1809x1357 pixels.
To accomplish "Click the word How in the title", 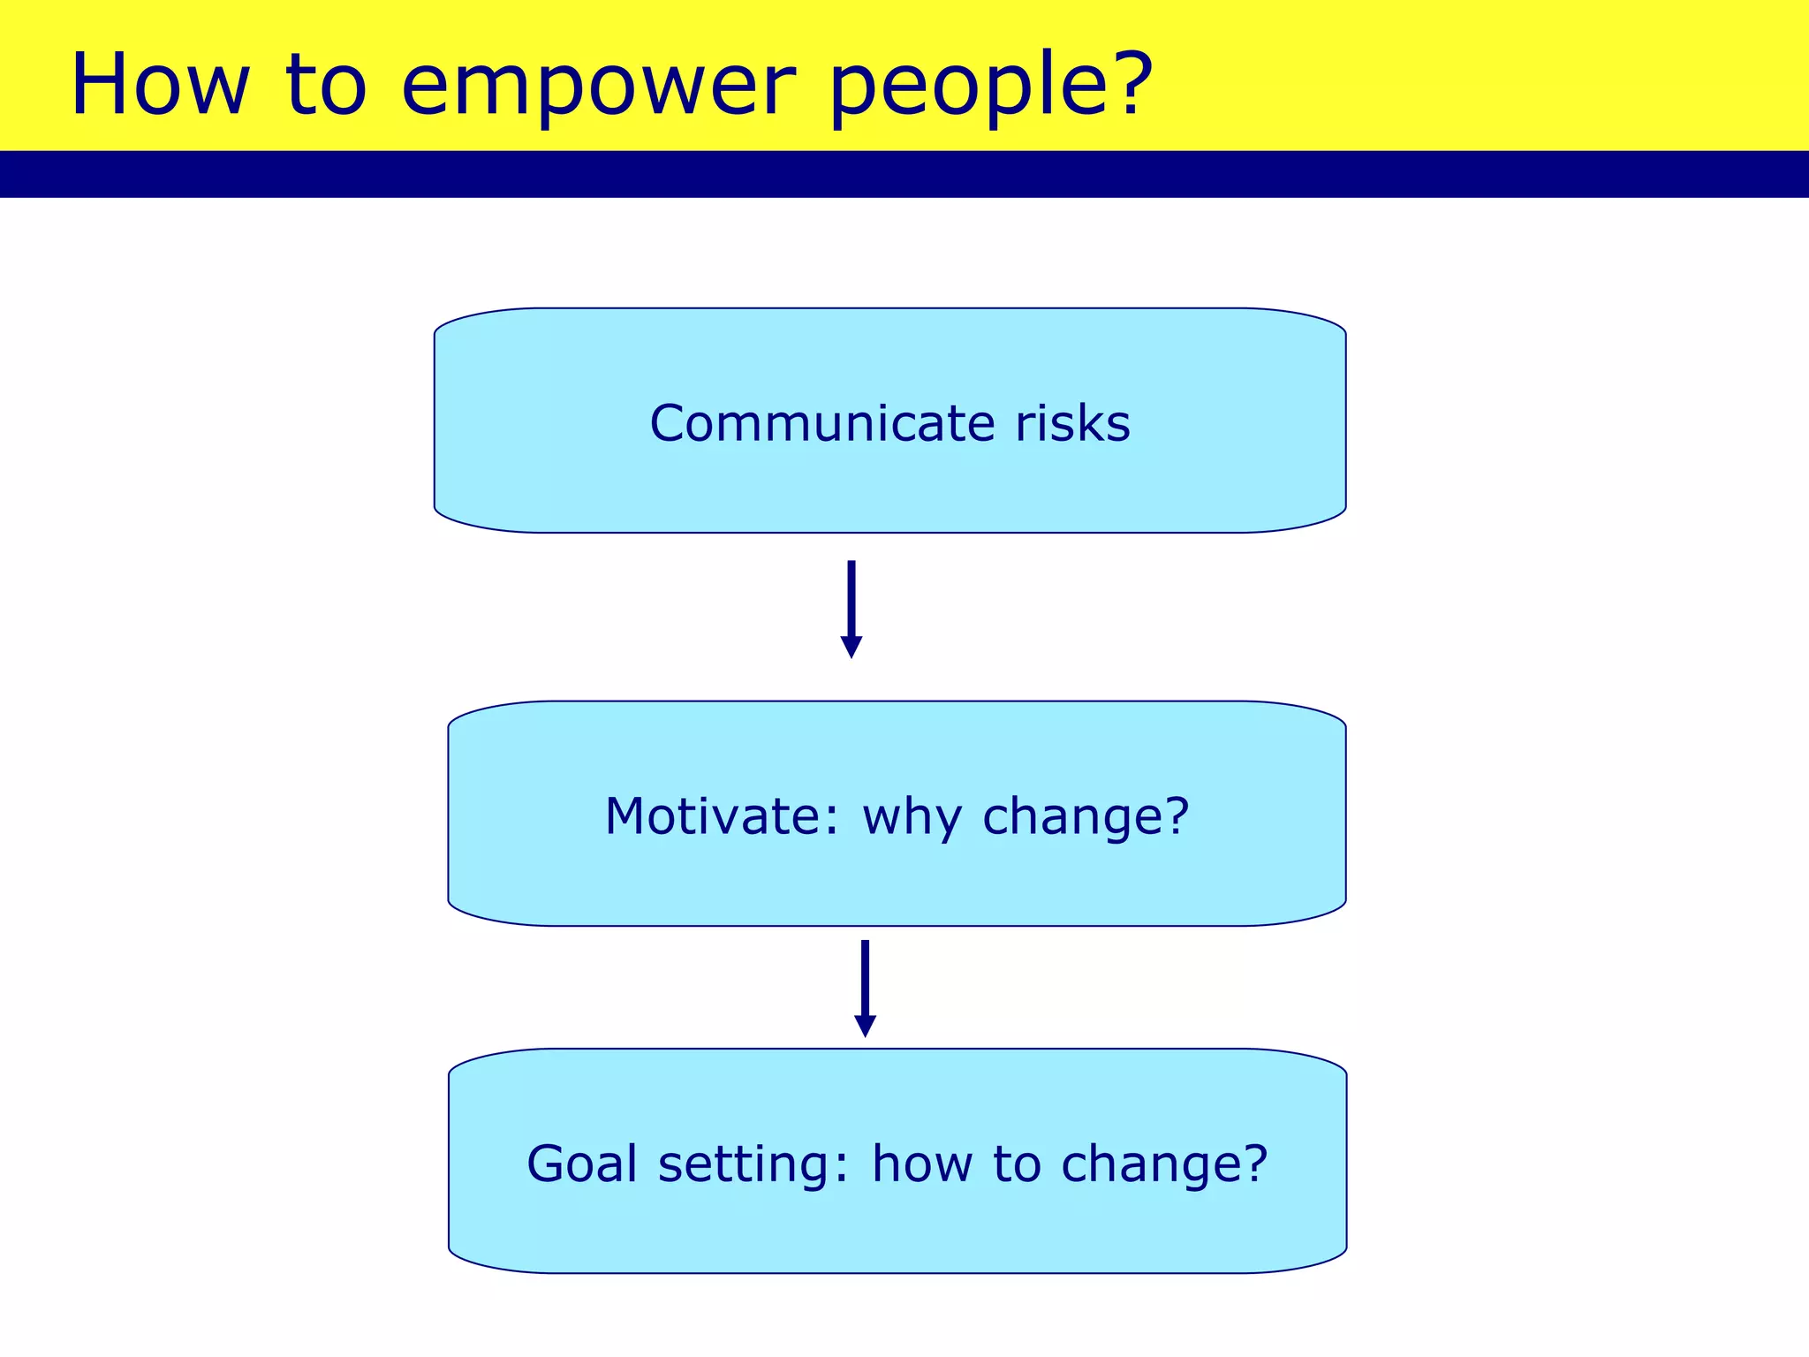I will (160, 85).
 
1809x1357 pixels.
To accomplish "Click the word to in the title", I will (326, 87).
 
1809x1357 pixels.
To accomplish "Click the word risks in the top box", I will (1072, 423).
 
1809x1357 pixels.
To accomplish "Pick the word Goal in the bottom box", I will (582, 1164).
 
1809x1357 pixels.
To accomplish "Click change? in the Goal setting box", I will (1164, 1164).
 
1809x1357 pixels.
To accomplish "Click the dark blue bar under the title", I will (904, 174).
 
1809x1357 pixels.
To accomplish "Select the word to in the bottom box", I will (1017, 1164).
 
